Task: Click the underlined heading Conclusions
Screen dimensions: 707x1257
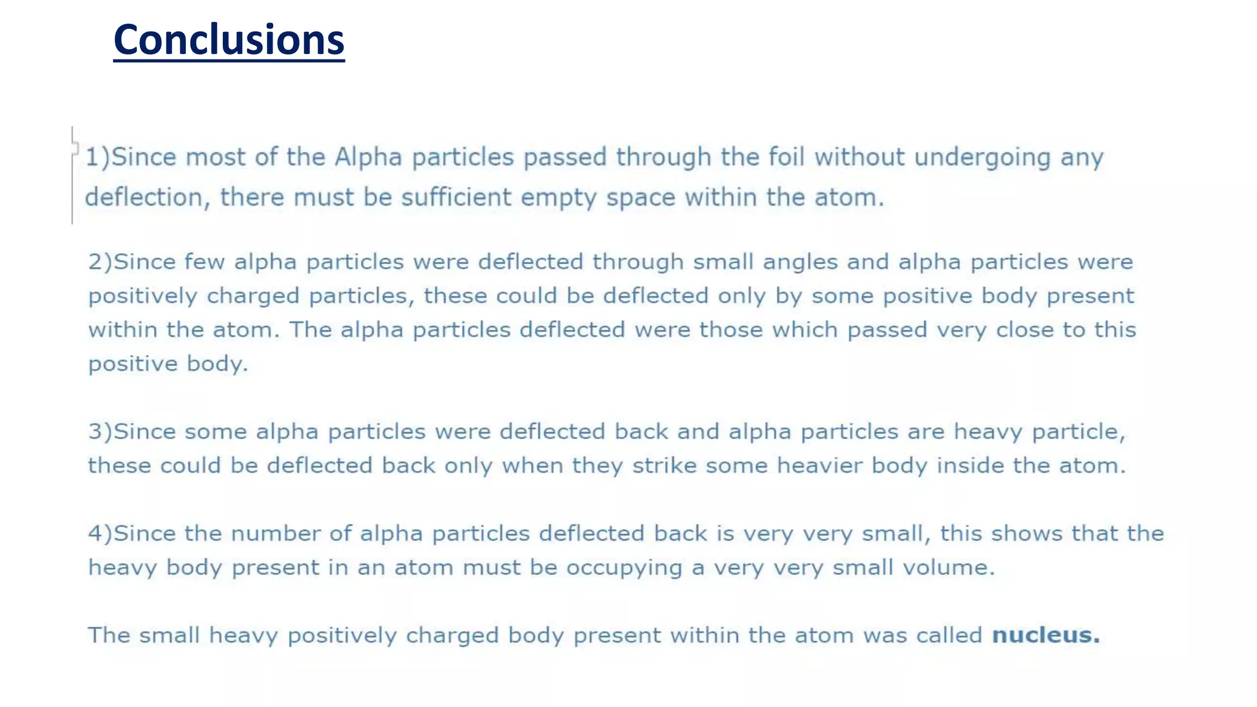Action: click(x=229, y=40)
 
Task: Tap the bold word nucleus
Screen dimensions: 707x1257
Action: click(x=1045, y=635)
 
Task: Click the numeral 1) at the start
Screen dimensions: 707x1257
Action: click(x=97, y=157)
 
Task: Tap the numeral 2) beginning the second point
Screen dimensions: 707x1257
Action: click(x=100, y=262)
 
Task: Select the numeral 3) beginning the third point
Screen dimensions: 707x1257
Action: click(x=100, y=431)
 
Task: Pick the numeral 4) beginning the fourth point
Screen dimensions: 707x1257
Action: click(x=100, y=533)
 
